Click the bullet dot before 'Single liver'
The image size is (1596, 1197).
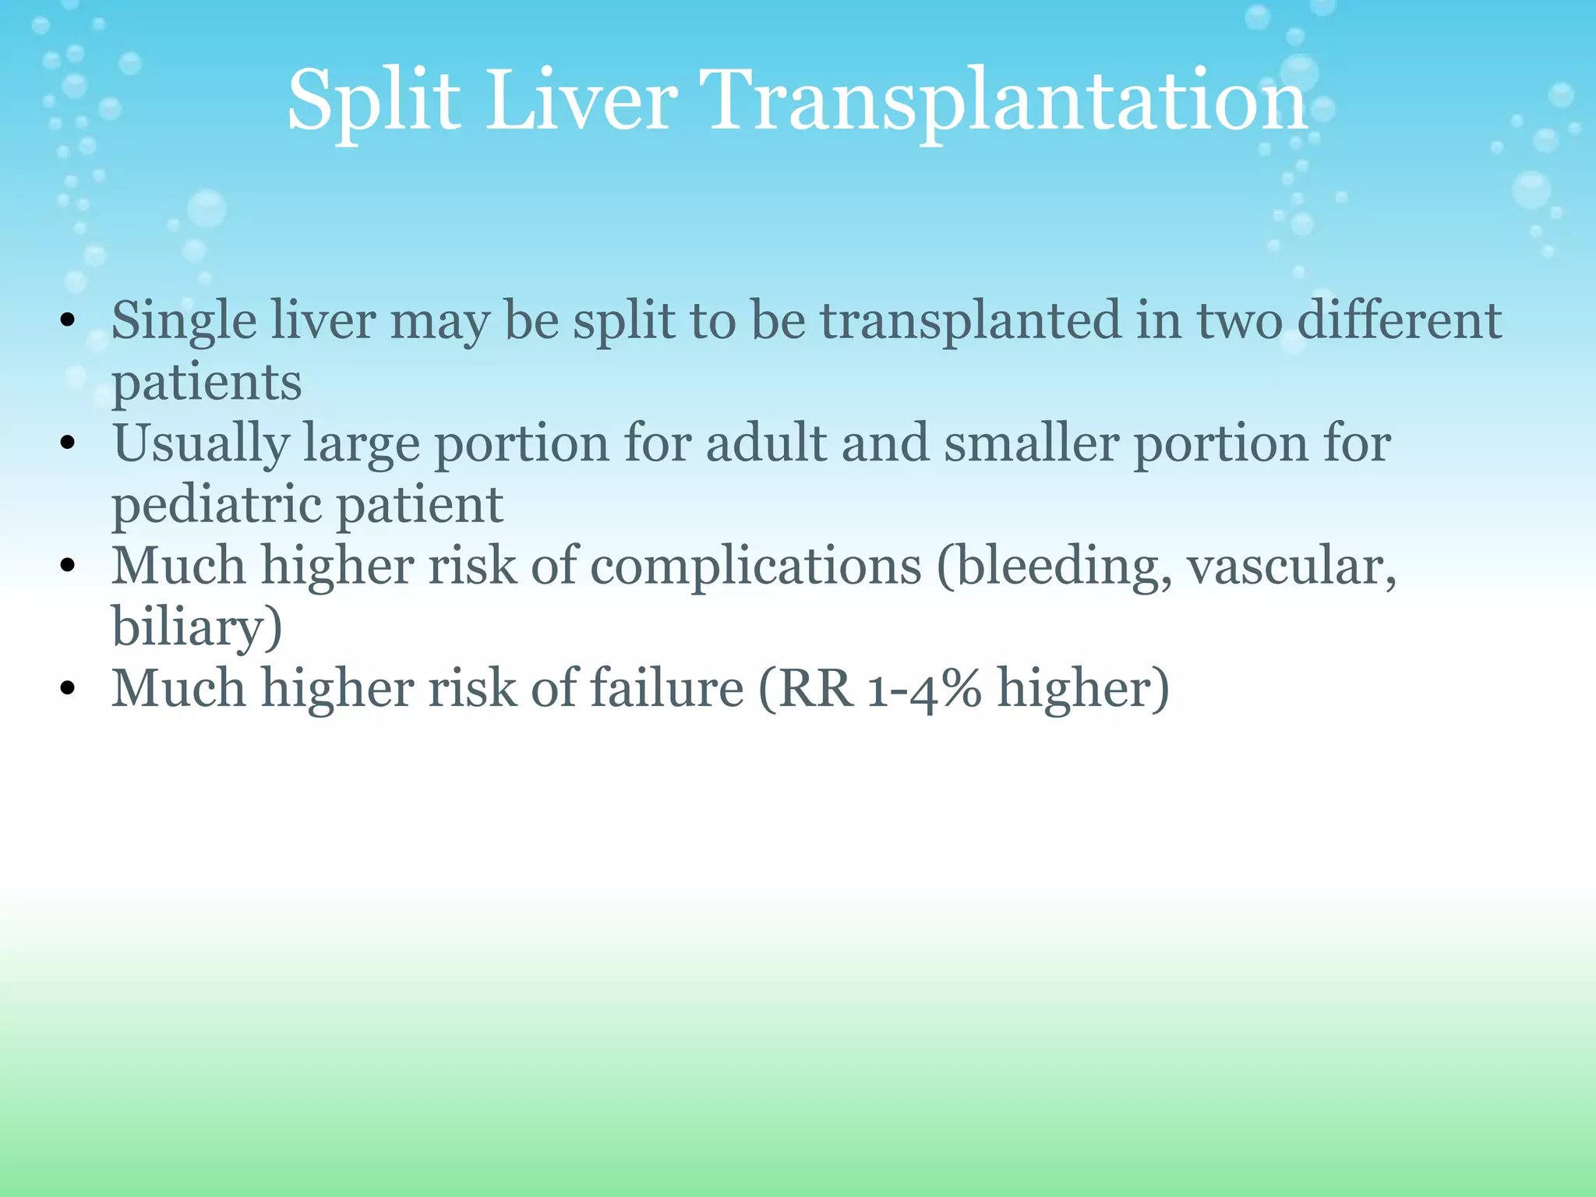pos(68,320)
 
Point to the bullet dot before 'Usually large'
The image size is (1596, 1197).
pos(68,443)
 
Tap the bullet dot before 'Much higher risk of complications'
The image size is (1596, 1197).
pos(68,566)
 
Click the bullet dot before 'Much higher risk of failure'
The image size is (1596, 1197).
pos(68,688)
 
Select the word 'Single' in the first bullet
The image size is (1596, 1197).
pos(184,321)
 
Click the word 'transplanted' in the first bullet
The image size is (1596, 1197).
pos(971,321)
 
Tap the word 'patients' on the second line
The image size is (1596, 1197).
pos(207,383)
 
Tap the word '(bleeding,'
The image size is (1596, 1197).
pos(1054,566)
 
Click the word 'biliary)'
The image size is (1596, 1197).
pos(196,627)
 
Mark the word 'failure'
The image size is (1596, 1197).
pos(666,688)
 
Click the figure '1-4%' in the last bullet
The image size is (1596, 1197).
pos(925,689)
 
